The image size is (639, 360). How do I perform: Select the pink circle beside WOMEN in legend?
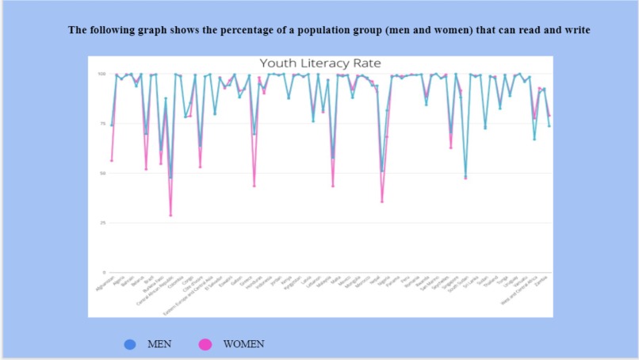[x=205, y=344]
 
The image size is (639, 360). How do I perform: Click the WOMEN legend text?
[x=243, y=344]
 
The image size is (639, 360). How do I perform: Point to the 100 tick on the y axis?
[x=101, y=74]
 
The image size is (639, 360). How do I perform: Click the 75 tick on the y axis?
[x=102, y=124]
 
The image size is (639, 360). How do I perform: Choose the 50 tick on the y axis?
[x=102, y=173]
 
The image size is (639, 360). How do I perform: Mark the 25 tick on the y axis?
[x=102, y=223]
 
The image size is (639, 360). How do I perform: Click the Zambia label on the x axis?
[x=544, y=282]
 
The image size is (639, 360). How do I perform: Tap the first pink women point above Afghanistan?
[x=112, y=160]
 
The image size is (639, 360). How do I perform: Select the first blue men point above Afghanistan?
[x=112, y=125]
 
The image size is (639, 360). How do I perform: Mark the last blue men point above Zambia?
[x=549, y=126]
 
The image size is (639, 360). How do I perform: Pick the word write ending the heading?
[x=577, y=30]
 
